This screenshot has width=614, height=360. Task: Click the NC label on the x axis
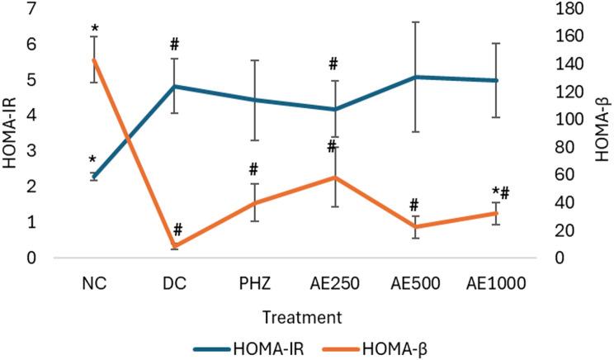pyautogui.click(x=94, y=283)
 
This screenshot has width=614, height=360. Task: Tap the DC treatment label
pyautogui.click(x=174, y=283)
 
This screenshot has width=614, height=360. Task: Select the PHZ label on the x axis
pyautogui.click(x=254, y=283)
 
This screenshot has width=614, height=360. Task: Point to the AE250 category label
pyautogui.click(x=334, y=283)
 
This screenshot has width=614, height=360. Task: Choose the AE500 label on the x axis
pyautogui.click(x=415, y=283)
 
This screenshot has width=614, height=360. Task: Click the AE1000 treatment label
pyautogui.click(x=496, y=283)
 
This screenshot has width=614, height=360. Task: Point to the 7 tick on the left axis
pyautogui.click(x=32, y=9)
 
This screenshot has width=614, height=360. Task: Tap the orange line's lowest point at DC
pyautogui.click(x=174, y=246)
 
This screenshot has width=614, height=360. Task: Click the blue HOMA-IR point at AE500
pyautogui.click(x=415, y=77)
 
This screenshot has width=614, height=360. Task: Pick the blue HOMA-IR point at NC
pyautogui.click(x=94, y=177)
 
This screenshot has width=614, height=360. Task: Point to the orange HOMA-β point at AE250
pyautogui.click(x=334, y=178)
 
